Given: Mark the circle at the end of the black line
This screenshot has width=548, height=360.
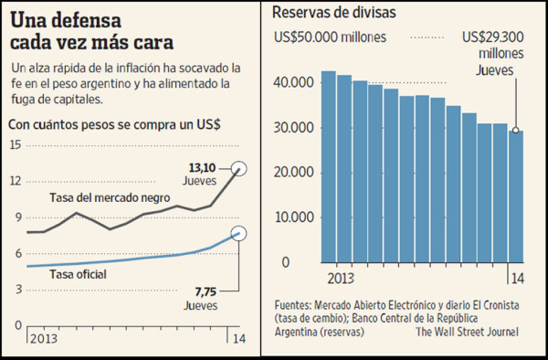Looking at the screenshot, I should coord(239,168).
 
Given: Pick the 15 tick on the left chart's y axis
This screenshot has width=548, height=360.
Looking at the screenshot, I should coord(14,145).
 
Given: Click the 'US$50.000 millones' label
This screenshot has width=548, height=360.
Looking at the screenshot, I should coord(332,37).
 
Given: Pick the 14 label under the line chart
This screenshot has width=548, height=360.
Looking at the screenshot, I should coord(239,339).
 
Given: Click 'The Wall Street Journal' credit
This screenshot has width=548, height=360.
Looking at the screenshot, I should coord(467,332).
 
